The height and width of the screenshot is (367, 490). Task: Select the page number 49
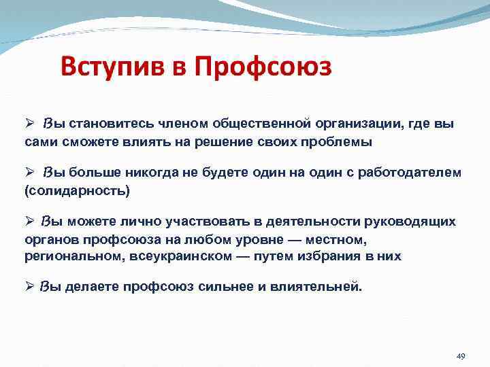[x=460, y=356]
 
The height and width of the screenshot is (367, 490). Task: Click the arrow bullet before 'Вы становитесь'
[x=29, y=124]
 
